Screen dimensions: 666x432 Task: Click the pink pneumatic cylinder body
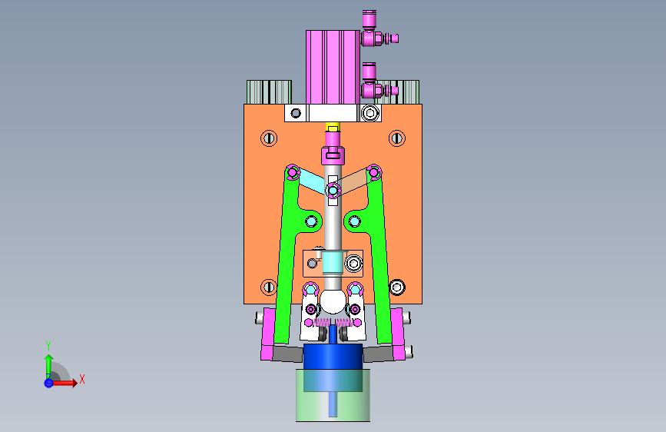point(333,67)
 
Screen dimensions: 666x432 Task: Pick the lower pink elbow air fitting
point(376,82)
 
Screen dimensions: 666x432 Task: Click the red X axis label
point(82,379)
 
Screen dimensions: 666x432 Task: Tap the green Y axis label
point(48,346)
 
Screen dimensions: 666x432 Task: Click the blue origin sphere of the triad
point(49,383)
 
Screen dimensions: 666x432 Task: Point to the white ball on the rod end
point(333,301)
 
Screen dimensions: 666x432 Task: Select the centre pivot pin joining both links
point(333,191)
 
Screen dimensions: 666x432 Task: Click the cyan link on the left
point(311,181)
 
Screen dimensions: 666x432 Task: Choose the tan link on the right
point(354,181)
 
